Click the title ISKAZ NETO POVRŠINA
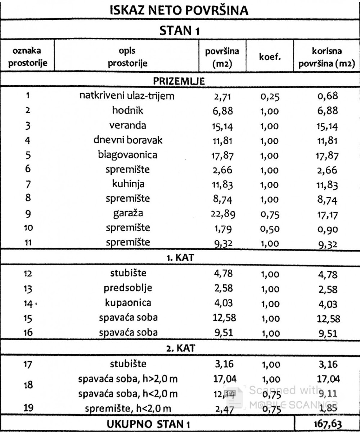point(179,11)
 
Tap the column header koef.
point(270,57)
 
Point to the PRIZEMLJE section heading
point(179,81)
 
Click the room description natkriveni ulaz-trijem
point(128,96)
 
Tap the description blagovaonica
point(128,155)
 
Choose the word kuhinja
point(128,184)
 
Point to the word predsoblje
point(128,288)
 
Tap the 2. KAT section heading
point(179,348)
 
